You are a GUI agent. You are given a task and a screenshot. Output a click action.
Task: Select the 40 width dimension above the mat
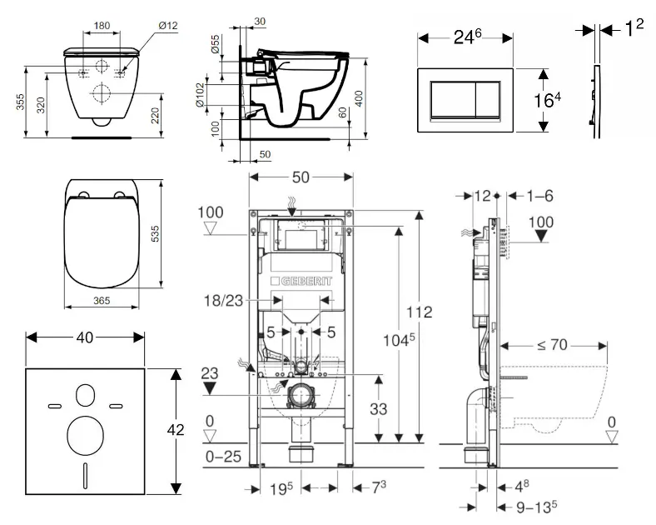pos(83,337)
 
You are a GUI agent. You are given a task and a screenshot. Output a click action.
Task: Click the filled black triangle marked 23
pos(210,387)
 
